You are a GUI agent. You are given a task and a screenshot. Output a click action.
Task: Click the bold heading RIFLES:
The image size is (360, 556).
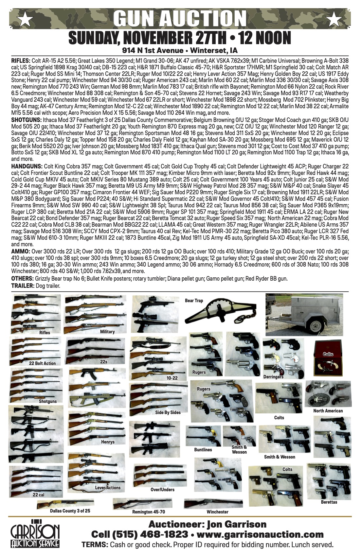tap(21, 61)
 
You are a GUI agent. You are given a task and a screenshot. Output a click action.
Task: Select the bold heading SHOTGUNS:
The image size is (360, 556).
tap(26, 120)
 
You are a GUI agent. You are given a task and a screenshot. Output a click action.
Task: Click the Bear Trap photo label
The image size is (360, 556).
tap(194, 300)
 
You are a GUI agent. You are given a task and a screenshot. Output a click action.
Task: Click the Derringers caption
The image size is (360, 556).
tap(273, 377)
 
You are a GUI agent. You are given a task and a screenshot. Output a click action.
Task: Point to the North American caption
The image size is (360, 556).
tap(328, 411)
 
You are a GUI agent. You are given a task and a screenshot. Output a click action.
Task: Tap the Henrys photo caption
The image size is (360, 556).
tap(108, 442)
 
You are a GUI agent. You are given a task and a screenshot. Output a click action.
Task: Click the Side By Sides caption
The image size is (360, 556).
tap(168, 412)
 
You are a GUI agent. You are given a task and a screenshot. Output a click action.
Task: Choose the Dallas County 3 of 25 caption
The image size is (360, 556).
tap(70, 511)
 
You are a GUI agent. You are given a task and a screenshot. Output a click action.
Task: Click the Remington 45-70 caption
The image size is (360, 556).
tap(149, 512)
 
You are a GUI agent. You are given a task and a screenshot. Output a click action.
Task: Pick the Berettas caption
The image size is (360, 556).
tap(329, 502)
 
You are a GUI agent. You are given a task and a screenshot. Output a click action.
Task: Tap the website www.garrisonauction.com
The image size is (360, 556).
tap(260, 534)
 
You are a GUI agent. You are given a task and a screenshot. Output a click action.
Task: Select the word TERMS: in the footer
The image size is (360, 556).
tap(95, 545)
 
